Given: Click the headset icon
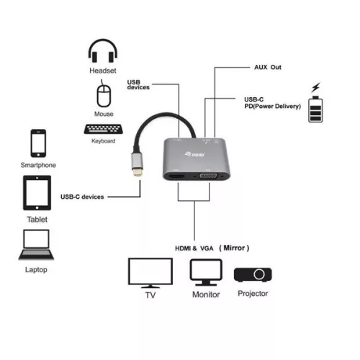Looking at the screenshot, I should click(x=103, y=53).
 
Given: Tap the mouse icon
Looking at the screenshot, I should click(x=103, y=95).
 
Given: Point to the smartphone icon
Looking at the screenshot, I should click(x=37, y=143).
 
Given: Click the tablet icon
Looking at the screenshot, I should click(x=37, y=193).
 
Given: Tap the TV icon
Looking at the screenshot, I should click(x=150, y=274).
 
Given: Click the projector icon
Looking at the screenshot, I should click(x=252, y=274).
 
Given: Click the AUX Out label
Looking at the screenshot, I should click(x=268, y=67).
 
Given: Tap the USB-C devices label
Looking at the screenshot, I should click(x=83, y=197).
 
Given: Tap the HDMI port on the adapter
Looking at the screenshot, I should click(x=175, y=177).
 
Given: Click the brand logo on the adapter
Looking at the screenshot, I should click(x=202, y=153).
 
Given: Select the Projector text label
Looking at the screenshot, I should click(x=252, y=294).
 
